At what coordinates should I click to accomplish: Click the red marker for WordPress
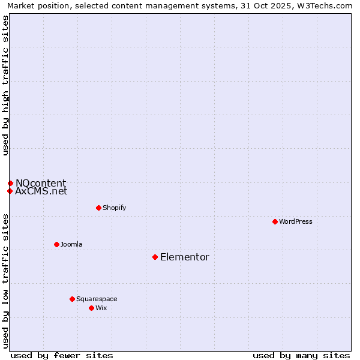click(x=275, y=221)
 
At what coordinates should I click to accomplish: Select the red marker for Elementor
click(x=155, y=257)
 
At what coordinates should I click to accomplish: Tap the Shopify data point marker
click(x=98, y=208)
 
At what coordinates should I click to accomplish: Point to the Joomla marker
click(x=56, y=244)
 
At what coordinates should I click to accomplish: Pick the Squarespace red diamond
click(x=72, y=299)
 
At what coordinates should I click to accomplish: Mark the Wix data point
click(x=91, y=308)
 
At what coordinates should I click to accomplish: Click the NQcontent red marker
click(x=10, y=183)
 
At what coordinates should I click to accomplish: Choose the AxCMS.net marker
click(x=10, y=191)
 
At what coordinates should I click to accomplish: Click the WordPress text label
click(x=296, y=221)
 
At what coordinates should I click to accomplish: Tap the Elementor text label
click(x=185, y=257)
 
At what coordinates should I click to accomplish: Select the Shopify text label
click(x=114, y=208)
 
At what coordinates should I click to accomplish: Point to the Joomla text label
click(x=71, y=244)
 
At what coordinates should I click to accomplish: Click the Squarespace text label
click(x=97, y=299)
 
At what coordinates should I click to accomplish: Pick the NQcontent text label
click(x=41, y=183)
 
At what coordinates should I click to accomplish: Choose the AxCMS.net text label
click(x=41, y=191)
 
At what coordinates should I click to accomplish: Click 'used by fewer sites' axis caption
click(x=62, y=355)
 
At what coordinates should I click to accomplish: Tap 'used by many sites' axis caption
click(x=301, y=355)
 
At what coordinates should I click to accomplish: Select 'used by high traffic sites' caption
click(x=5, y=85)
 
